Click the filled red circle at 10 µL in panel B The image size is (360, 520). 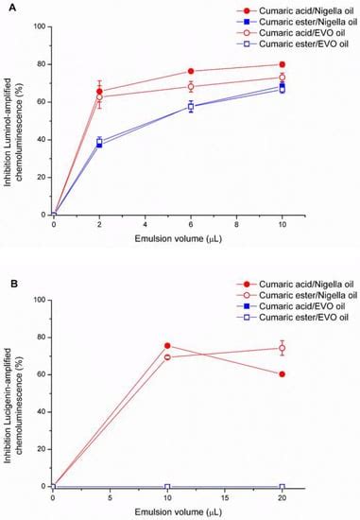(x=167, y=346)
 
